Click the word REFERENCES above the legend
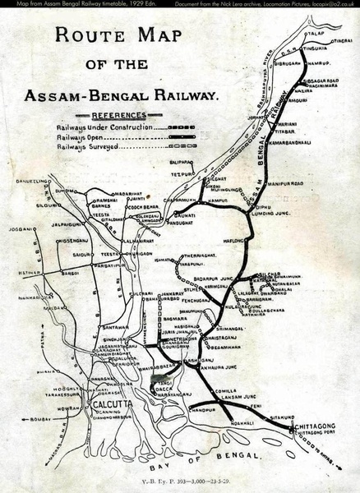tap(119, 116)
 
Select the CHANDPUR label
tap(203, 408)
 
